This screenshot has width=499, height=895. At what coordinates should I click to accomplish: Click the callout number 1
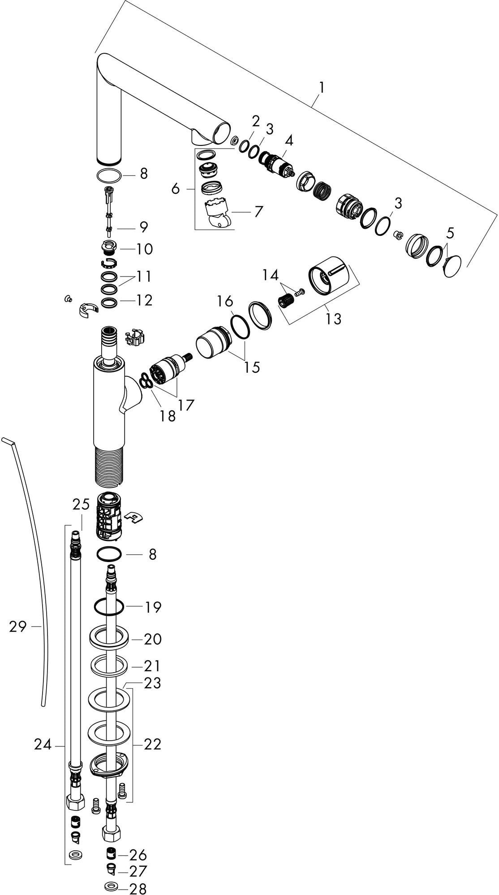tap(321, 87)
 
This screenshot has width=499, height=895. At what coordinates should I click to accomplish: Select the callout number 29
tap(18, 626)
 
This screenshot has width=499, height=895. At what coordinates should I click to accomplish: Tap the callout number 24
tap(43, 745)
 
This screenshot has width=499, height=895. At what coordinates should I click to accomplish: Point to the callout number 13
tap(334, 319)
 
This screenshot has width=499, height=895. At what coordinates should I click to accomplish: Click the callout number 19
tap(153, 607)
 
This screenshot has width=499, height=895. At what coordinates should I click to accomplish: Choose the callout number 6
tap(176, 189)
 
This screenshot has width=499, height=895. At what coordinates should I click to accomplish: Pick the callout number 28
tap(138, 888)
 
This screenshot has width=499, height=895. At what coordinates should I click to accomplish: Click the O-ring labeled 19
tap(109, 608)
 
